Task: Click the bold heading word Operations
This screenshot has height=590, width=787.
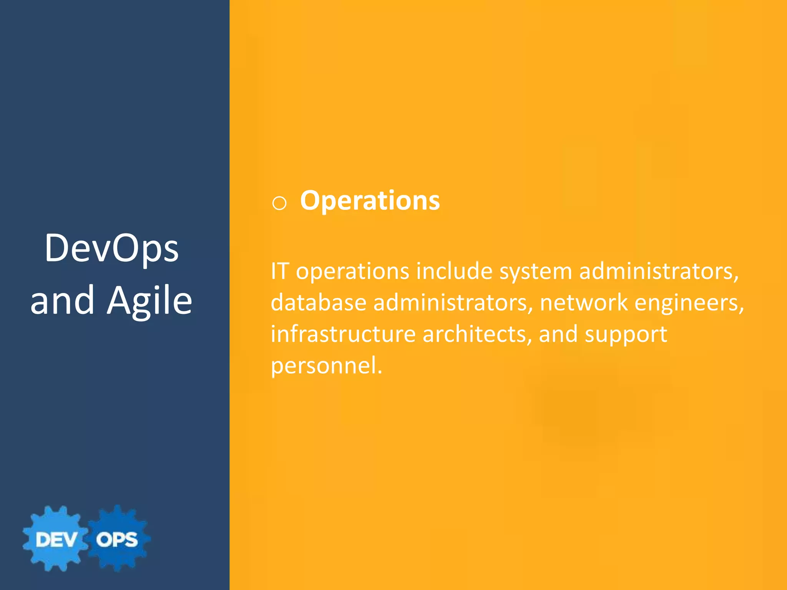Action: coord(370,201)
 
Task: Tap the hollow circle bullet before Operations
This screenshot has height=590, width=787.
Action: coord(279,203)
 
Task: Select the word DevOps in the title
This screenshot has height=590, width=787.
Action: coord(111,248)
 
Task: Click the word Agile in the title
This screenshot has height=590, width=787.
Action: coord(149,301)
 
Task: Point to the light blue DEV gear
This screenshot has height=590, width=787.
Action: coord(56,539)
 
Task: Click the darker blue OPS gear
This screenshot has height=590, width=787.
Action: coord(117,540)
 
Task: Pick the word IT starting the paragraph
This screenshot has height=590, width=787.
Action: coord(280,271)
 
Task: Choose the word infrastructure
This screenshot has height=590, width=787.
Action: coord(343,334)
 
